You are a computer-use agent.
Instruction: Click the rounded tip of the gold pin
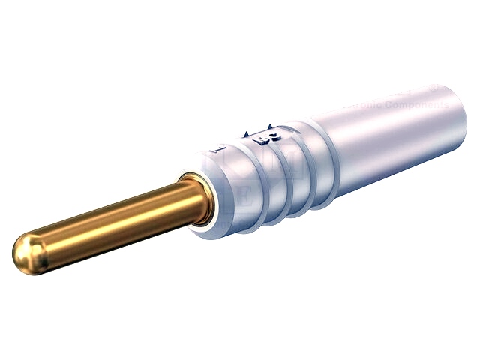pyautogui.click(x=27, y=253)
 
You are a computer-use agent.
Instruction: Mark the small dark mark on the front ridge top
pyautogui.click(x=218, y=149)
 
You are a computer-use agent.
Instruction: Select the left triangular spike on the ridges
pyautogui.click(x=246, y=134)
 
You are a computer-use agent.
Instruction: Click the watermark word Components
pyautogui.click(x=418, y=105)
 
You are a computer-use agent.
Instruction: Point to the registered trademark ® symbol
pyautogui.click(x=434, y=88)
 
